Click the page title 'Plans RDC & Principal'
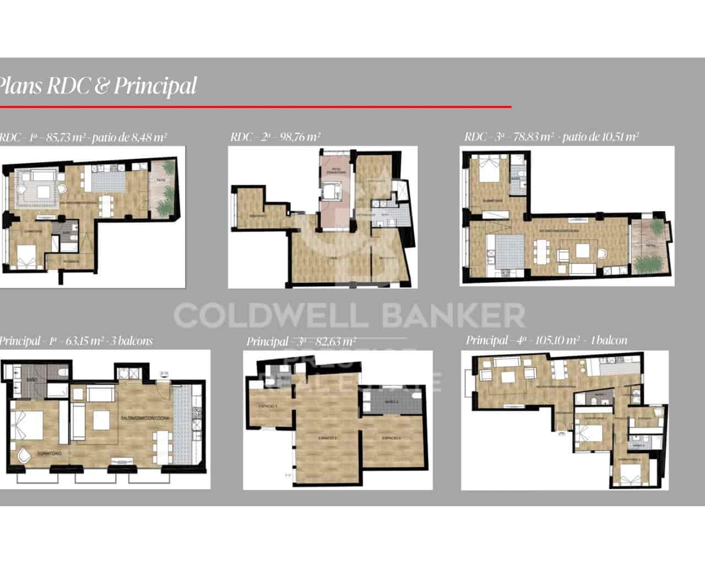(x=97, y=86)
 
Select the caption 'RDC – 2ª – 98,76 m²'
(x=275, y=137)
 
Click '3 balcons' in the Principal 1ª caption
(x=132, y=341)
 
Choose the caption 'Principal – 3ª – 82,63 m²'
(x=301, y=341)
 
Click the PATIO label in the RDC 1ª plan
(x=161, y=180)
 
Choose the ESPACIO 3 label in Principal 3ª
(x=392, y=438)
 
